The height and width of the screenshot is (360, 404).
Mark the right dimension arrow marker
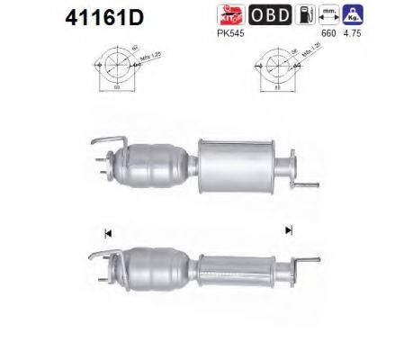(x=289, y=231)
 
